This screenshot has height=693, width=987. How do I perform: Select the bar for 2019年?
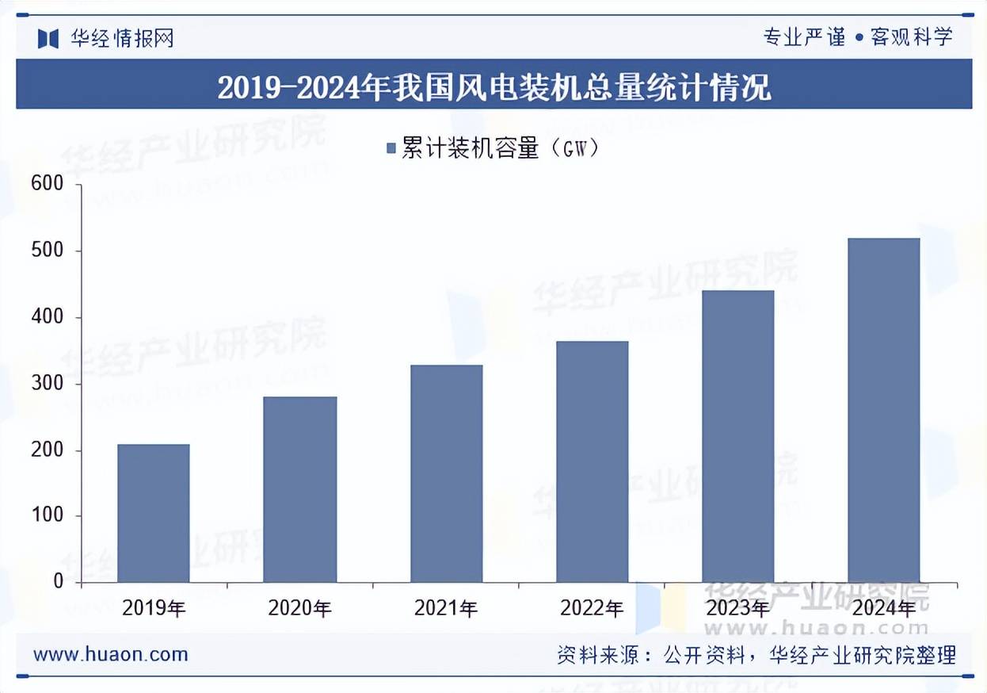[154, 513]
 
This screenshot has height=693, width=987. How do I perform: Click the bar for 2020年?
[299, 489]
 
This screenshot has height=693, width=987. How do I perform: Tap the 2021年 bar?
[446, 473]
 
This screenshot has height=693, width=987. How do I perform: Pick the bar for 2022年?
[592, 461]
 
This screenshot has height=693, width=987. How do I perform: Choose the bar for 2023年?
[737, 436]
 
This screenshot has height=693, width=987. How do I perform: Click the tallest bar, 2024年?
[883, 410]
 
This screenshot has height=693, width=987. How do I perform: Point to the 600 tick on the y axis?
[48, 184]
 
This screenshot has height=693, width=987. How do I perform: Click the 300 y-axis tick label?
[48, 384]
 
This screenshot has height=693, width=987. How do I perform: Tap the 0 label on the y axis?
[58, 582]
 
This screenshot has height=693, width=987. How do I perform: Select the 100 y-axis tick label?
[48, 516]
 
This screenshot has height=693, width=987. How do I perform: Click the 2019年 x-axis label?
[154, 609]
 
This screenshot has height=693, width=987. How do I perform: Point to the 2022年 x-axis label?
[592, 609]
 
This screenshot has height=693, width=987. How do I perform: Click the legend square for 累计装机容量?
[391, 148]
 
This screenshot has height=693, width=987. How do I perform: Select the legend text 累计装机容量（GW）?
[500, 148]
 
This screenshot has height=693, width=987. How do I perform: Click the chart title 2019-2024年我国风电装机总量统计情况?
[494, 86]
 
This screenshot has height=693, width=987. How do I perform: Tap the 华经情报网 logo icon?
[48, 38]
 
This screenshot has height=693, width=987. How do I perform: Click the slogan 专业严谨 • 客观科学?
[857, 36]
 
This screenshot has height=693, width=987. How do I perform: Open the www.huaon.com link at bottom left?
[111, 654]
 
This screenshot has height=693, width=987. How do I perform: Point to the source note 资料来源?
[756, 655]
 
